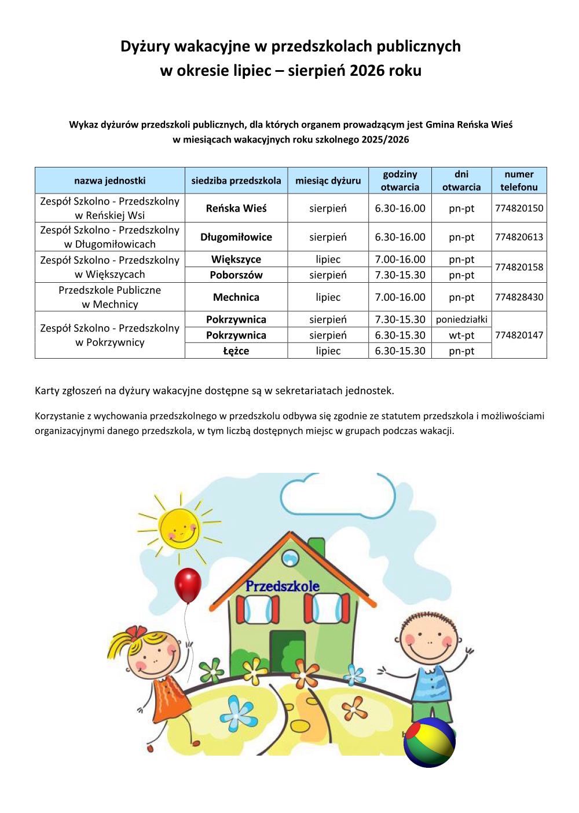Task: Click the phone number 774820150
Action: (519, 208)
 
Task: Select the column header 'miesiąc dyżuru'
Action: (328, 181)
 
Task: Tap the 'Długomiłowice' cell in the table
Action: (236, 237)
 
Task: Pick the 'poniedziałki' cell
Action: (461, 319)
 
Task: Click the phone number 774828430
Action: (519, 297)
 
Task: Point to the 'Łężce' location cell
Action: (236, 351)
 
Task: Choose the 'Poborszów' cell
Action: (236, 275)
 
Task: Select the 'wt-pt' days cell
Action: (461, 335)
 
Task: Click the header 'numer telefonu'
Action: (519, 181)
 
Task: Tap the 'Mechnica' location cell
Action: (236, 297)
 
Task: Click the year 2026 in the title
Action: (367, 71)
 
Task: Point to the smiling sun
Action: (179, 528)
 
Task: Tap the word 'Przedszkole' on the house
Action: (282, 586)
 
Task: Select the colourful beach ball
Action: (429, 742)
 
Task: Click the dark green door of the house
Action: (287, 652)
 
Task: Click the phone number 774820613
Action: (519, 237)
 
